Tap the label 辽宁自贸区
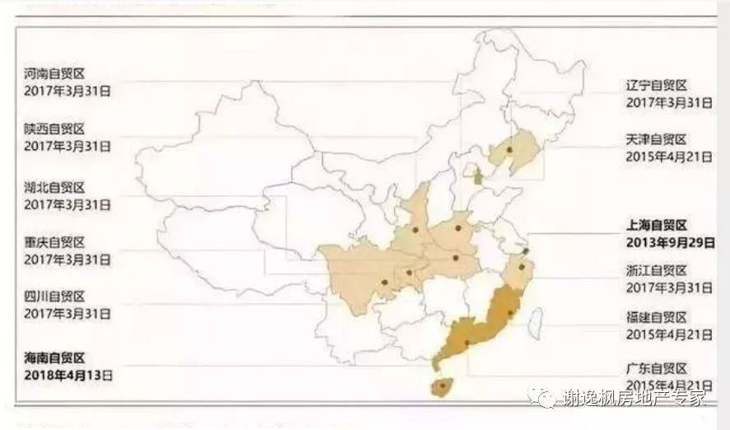[x=656, y=86]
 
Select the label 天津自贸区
[x=656, y=140]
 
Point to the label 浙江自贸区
[x=656, y=271]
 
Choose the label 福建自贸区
[x=656, y=318]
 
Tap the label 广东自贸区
[x=656, y=368]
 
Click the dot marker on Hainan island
[x=443, y=384]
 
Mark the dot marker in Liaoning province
[x=510, y=150]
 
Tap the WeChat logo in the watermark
[x=546, y=400]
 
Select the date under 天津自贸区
[x=668, y=157]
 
